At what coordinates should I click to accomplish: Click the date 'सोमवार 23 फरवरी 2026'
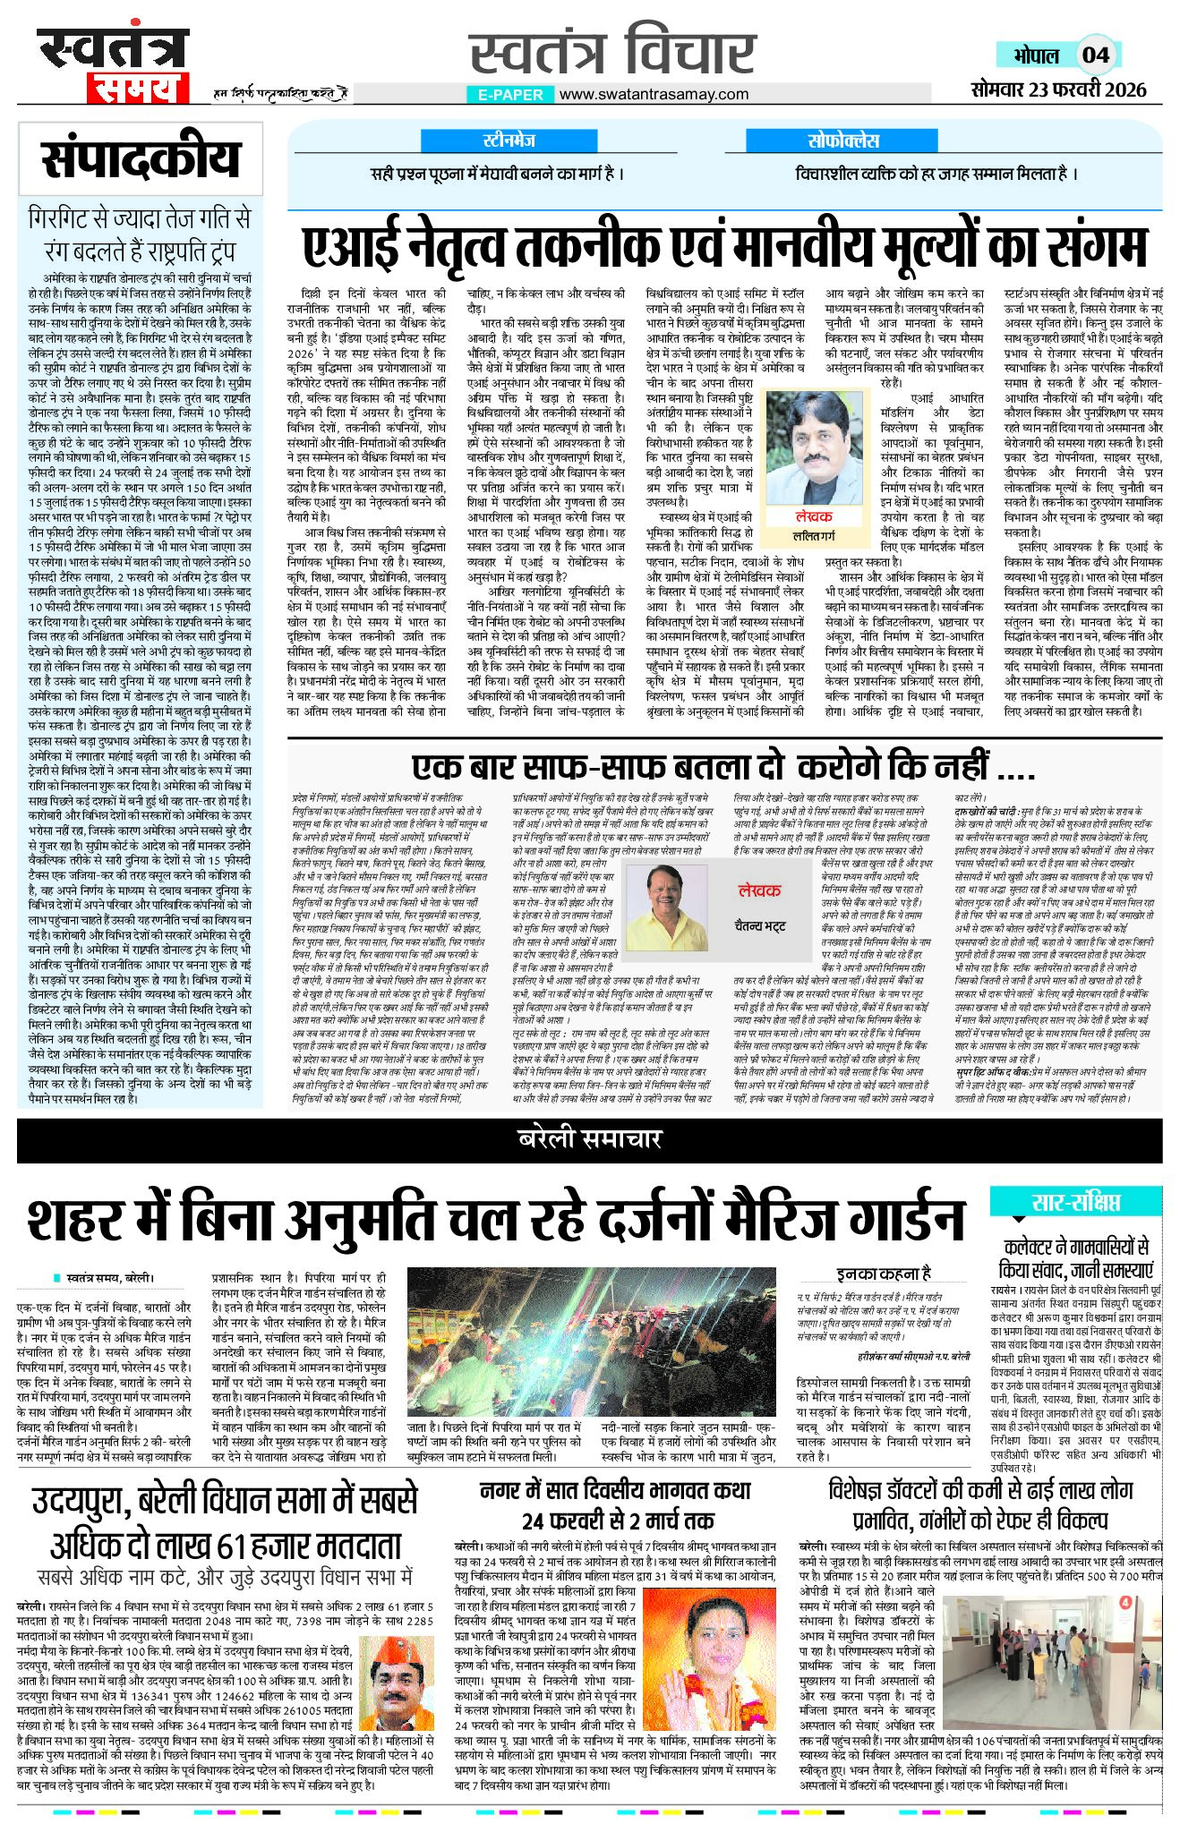point(1059,89)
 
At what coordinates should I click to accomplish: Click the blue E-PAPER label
point(510,94)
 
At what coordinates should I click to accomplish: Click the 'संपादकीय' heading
point(140,160)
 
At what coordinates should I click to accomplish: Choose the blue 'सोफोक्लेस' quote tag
point(842,141)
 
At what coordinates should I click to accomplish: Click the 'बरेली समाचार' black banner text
point(589,1138)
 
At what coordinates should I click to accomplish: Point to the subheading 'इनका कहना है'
point(883,1273)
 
